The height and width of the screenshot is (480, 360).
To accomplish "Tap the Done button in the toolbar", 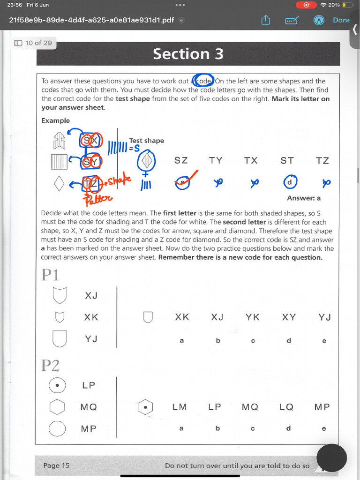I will (x=341, y=20).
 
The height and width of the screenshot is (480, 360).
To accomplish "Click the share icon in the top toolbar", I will (x=266, y=20).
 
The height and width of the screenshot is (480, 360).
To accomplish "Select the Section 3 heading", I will (x=188, y=54).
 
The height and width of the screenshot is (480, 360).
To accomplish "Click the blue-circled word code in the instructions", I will (x=204, y=81).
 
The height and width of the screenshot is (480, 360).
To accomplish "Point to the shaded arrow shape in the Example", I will (x=60, y=140).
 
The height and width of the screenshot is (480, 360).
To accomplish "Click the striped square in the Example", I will (x=60, y=162).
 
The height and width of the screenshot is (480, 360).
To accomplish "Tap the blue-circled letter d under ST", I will (x=289, y=182).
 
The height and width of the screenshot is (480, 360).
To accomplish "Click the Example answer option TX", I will (x=251, y=160).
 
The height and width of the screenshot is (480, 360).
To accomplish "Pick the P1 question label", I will (x=50, y=275).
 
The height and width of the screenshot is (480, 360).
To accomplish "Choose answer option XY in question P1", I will (x=289, y=317).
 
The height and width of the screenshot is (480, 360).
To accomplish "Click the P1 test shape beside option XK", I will (x=148, y=317).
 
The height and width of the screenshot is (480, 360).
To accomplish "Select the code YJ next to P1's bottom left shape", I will (x=91, y=338).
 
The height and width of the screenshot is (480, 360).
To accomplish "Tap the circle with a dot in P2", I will (x=57, y=385).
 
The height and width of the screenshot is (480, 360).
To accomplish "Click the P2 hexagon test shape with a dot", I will (x=145, y=407).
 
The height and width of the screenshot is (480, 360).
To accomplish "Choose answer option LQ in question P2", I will (x=286, y=407).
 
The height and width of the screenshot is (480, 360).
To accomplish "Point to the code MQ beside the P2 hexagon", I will (x=89, y=407).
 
